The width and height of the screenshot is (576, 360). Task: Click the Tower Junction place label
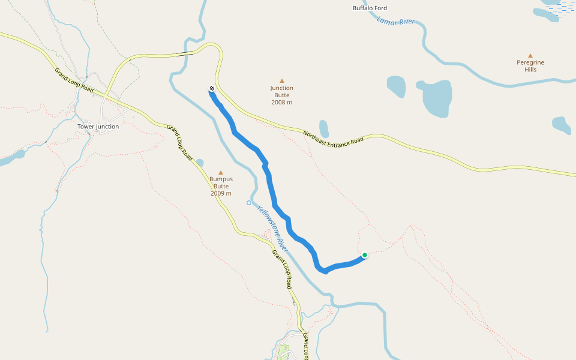point(98,127)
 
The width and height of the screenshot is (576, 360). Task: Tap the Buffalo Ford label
point(370,8)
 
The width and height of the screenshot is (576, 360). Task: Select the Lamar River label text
point(396,21)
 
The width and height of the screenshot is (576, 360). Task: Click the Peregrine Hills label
point(530,66)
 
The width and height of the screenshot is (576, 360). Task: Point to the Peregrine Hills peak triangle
point(530,55)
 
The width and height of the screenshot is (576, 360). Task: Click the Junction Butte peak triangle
point(281,80)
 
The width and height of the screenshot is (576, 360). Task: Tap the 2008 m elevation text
point(281,103)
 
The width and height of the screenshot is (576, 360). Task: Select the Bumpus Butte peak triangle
point(221,172)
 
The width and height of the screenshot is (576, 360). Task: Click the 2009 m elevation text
point(221,193)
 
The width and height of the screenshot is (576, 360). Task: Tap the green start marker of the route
point(364,255)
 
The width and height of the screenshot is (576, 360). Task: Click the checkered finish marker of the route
point(212,89)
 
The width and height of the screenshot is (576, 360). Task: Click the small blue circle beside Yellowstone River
point(249,203)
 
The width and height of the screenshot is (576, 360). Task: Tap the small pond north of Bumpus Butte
point(200,162)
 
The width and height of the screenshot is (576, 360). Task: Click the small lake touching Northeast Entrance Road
point(324,128)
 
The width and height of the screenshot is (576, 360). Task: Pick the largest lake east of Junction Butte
point(436,97)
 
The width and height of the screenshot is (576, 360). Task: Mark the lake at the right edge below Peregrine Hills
point(561,125)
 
